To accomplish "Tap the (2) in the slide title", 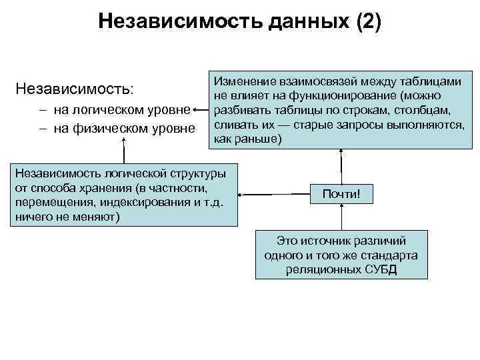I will click(x=369, y=22).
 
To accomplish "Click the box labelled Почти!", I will click(x=341, y=195).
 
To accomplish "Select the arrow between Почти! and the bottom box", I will click(x=341, y=218).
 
